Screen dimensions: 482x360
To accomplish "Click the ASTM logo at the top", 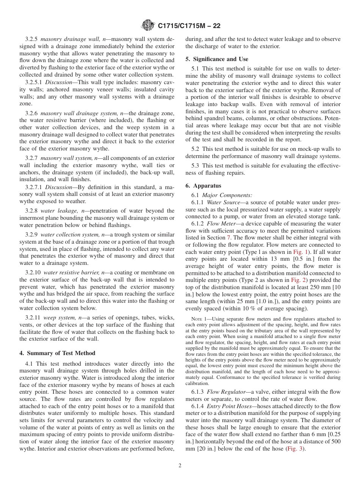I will pos(148,25).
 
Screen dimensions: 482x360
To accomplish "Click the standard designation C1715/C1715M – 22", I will pos(189,26).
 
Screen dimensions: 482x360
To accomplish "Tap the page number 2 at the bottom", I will pos(180,465).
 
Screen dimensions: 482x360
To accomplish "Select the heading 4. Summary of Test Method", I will pos(57,353).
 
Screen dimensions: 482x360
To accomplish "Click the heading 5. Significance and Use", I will pos(217,59).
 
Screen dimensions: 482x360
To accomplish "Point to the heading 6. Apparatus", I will pos(203,186).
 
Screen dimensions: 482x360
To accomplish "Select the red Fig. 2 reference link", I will pos(297,280).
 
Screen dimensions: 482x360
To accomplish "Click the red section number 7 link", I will pos(229,238).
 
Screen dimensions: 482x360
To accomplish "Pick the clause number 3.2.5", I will pos(32,39).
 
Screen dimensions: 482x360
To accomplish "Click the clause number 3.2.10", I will pos(33,272).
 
